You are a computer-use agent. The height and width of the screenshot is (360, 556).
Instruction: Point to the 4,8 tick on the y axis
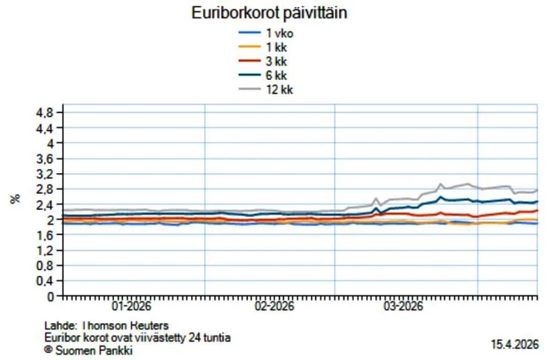(44, 113)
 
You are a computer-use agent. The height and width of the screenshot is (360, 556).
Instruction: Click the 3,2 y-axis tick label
(44, 174)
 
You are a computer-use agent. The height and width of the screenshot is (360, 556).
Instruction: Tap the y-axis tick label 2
(49, 220)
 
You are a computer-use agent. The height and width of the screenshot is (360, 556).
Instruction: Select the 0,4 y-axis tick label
(44, 281)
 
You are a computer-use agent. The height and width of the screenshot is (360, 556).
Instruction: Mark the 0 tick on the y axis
(49, 296)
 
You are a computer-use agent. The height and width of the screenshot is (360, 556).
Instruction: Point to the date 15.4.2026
(516, 344)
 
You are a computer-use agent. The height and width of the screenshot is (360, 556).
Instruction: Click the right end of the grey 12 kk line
(537, 189)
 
